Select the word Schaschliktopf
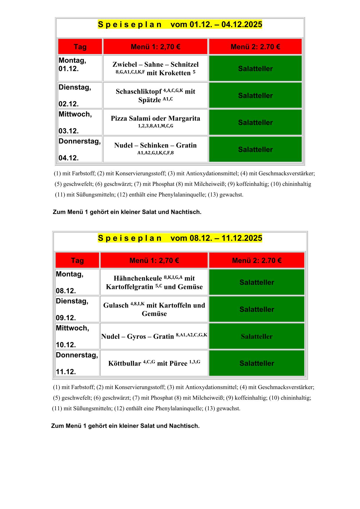(x=138, y=92)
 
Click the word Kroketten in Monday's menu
(x=169, y=73)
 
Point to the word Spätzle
(x=150, y=100)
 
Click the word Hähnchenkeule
(x=138, y=278)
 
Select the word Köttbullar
(x=125, y=364)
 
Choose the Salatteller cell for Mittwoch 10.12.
(x=257, y=337)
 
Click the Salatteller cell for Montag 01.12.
(x=255, y=69)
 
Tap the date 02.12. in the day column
(x=69, y=104)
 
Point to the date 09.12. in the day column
(x=66, y=318)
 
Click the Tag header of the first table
(x=80, y=47)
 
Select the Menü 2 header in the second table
(x=257, y=260)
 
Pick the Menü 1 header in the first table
(x=155, y=47)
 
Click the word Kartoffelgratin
(x=129, y=287)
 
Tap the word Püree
(x=172, y=364)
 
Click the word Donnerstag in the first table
(x=80, y=141)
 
